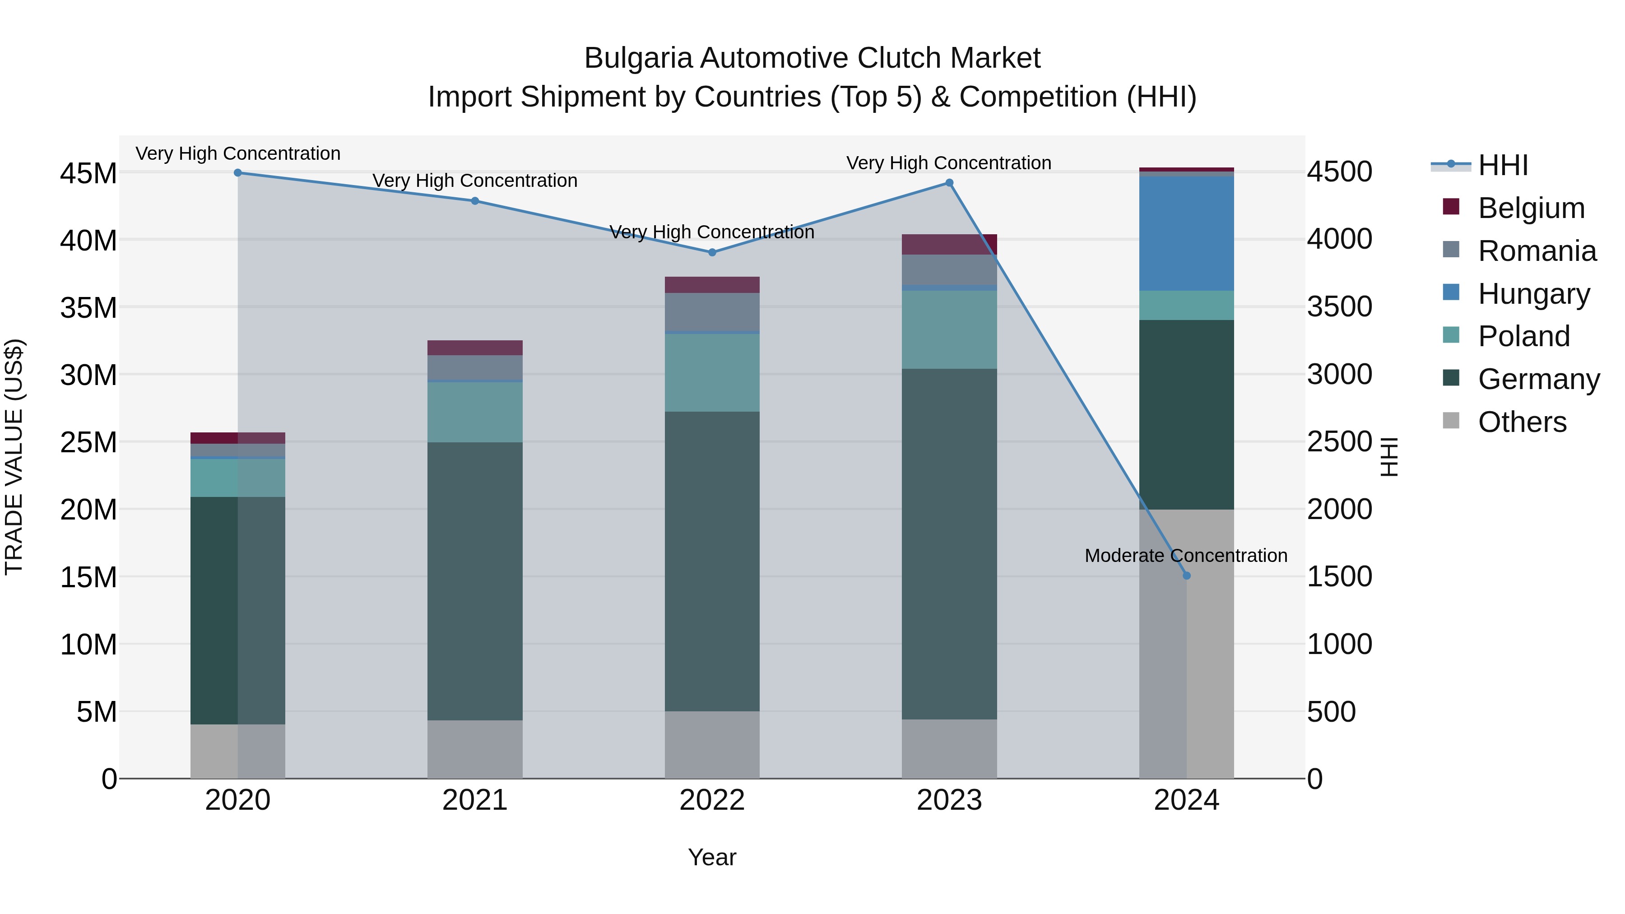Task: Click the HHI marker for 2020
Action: coord(238,172)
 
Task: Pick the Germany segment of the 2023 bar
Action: coord(949,544)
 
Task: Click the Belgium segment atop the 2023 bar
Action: coord(949,244)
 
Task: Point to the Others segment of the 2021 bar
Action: coord(474,749)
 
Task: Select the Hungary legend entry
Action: coord(1533,294)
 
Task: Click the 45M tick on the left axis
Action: coord(88,173)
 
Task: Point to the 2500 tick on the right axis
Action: coord(1339,441)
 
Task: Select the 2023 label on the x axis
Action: coord(949,800)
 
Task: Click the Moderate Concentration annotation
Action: coord(1185,556)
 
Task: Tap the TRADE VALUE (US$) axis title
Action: coord(14,457)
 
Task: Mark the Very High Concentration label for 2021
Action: coord(474,181)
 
